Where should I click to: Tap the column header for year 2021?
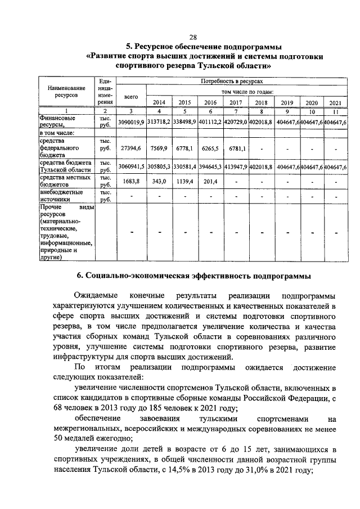(335, 103)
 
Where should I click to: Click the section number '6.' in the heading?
(81, 275)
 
